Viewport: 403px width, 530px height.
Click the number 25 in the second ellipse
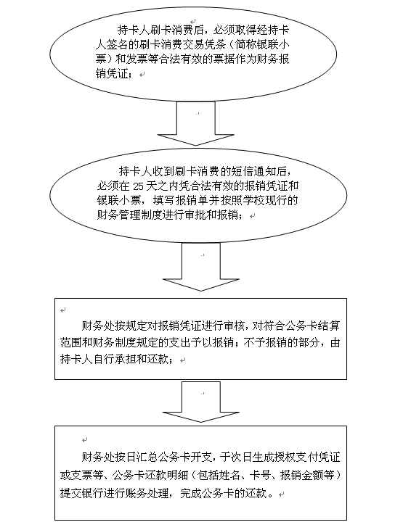point(139,186)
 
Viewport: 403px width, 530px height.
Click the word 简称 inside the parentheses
point(248,45)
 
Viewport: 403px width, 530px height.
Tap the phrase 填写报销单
point(180,200)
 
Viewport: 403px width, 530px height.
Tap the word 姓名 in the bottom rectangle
point(230,475)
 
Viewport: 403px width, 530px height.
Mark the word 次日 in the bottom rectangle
point(240,457)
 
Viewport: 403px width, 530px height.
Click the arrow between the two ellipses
point(196,123)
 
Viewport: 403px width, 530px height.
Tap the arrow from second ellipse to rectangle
point(201,267)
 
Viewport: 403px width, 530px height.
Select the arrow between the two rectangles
point(201,402)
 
